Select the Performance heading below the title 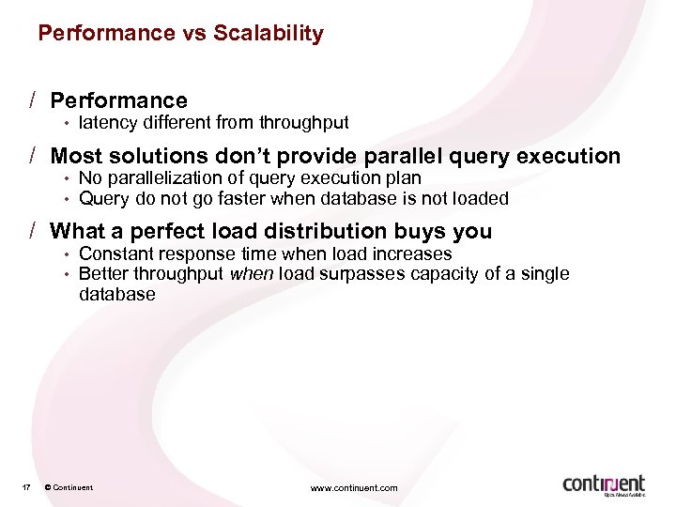pyautogui.click(x=118, y=100)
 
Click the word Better pyautogui.click(x=102, y=273)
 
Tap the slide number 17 pyautogui.click(x=26, y=487)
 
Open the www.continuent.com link pyautogui.click(x=354, y=487)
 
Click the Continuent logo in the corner pyautogui.click(x=604, y=484)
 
